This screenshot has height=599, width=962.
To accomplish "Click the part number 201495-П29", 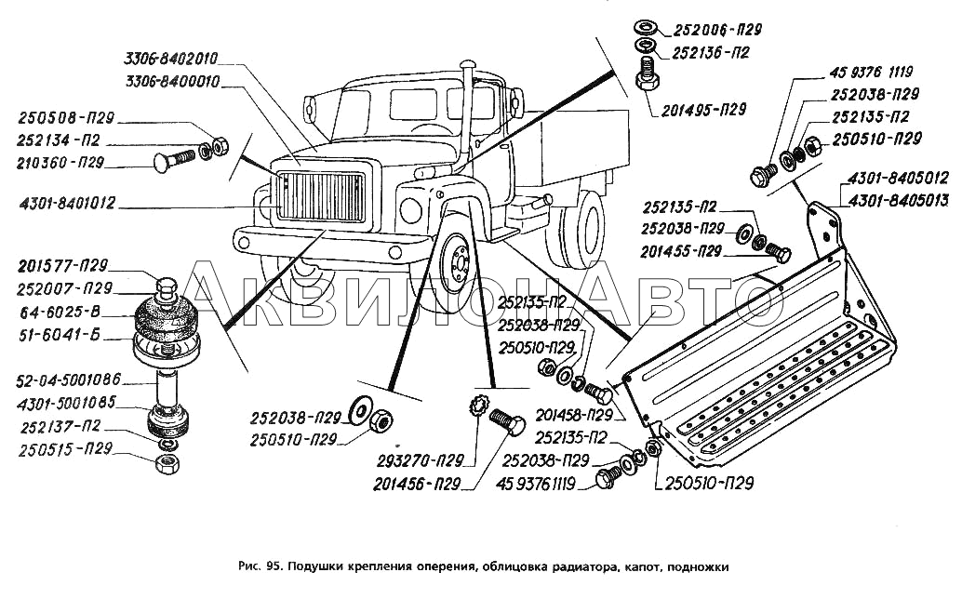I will tap(704, 109).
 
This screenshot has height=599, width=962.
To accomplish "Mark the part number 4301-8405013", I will tap(898, 198).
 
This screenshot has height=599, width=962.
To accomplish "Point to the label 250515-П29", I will tap(68, 447).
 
